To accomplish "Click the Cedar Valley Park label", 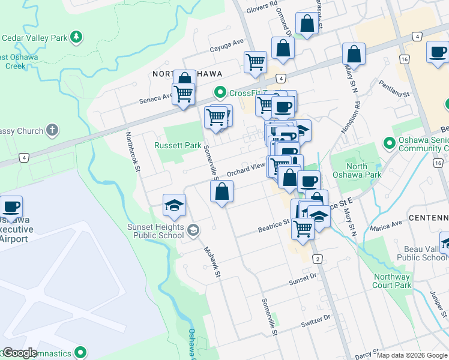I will click(x=34, y=38).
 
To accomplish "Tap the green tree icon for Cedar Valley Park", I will click(x=76, y=38).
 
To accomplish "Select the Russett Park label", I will click(x=178, y=145).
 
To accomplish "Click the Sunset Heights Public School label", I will click(x=155, y=231).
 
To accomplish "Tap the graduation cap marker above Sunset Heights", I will click(x=174, y=205).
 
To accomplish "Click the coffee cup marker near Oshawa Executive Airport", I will click(x=11, y=207).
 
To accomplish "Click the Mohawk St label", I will click(x=212, y=262).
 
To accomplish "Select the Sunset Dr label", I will click(x=301, y=280).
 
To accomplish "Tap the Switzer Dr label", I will click(x=318, y=318).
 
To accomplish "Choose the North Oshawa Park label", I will click(x=364, y=170).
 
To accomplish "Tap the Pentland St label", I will click(x=394, y=88).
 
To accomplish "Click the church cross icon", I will click(x=53, y=130).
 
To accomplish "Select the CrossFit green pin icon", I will click(x=220, y=92).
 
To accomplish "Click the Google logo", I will click(x=19, y=353).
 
